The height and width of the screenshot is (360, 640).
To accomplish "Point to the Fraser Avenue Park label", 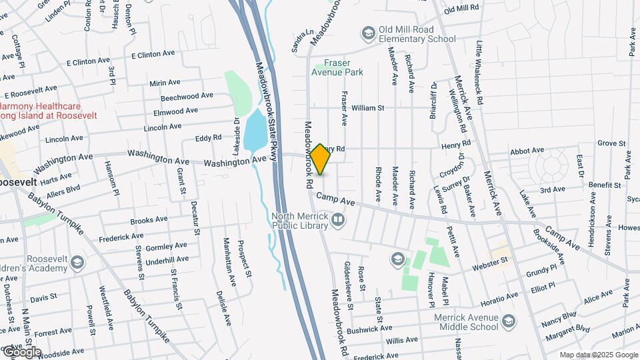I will [337, 67].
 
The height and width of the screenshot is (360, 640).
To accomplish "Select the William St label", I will [368, 107].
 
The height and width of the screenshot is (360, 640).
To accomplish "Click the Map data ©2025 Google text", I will [598, 355].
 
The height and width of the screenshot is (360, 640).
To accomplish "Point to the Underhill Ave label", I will [167, 259].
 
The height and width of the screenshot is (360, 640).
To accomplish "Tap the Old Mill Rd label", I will [461, 8].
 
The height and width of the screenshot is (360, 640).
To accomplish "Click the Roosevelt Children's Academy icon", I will [78, 261].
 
